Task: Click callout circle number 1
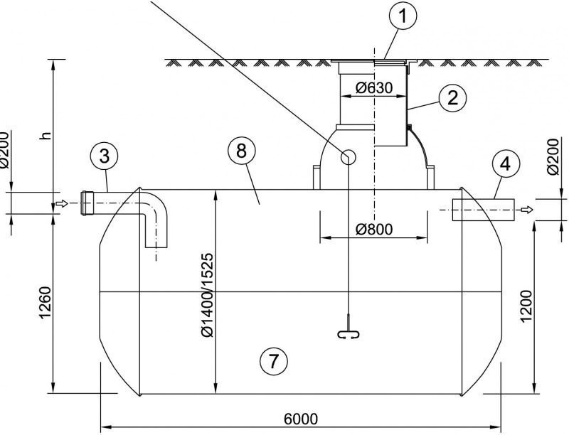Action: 403,15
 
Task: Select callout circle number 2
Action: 452,98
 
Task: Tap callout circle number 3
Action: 104,156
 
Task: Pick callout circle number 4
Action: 506,165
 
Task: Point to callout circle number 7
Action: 274,360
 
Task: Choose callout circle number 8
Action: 242,151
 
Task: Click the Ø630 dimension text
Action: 374,88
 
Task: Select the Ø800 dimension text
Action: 374,229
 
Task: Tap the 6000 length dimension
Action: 300,419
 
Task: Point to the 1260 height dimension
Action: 45,303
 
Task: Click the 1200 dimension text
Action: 526,306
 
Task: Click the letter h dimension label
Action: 45,135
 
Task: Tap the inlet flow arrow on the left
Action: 62,203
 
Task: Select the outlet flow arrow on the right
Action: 527,210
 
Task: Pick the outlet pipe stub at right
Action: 484,210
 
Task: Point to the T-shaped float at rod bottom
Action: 349,333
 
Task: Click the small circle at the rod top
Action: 348,156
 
